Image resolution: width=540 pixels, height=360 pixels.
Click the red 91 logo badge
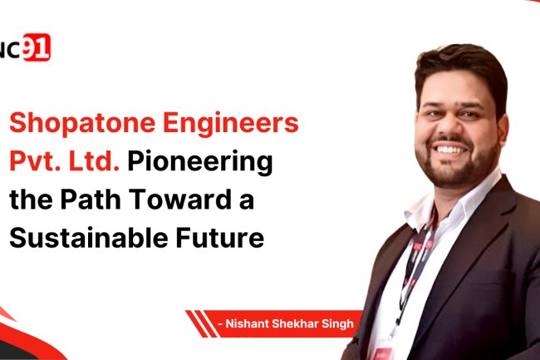pyautogui.click(x=36, y=49)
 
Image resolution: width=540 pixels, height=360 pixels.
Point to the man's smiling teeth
pyautogui.click(x=449, y=149)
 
